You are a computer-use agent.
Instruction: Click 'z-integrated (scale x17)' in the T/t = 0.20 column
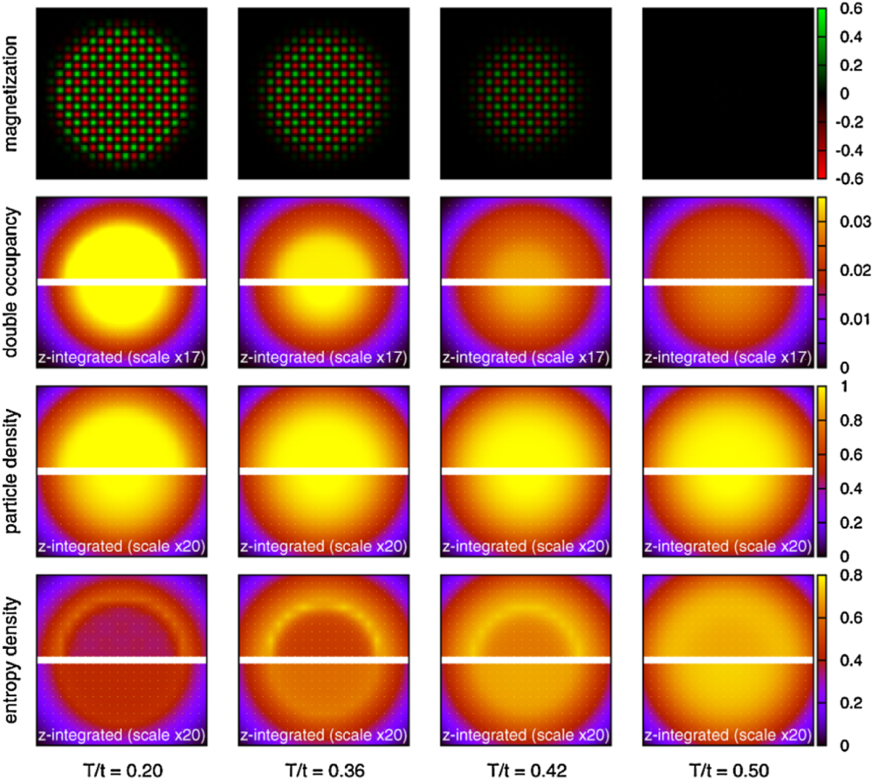tap(120, 357)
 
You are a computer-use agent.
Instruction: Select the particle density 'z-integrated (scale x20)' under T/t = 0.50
tap(728, 547)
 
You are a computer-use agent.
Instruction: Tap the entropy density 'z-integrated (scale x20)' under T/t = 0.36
tap(324, 735)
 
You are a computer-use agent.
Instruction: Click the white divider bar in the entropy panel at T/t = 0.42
tap(526, 660)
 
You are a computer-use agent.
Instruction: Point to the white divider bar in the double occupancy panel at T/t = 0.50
tap(728, 281)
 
